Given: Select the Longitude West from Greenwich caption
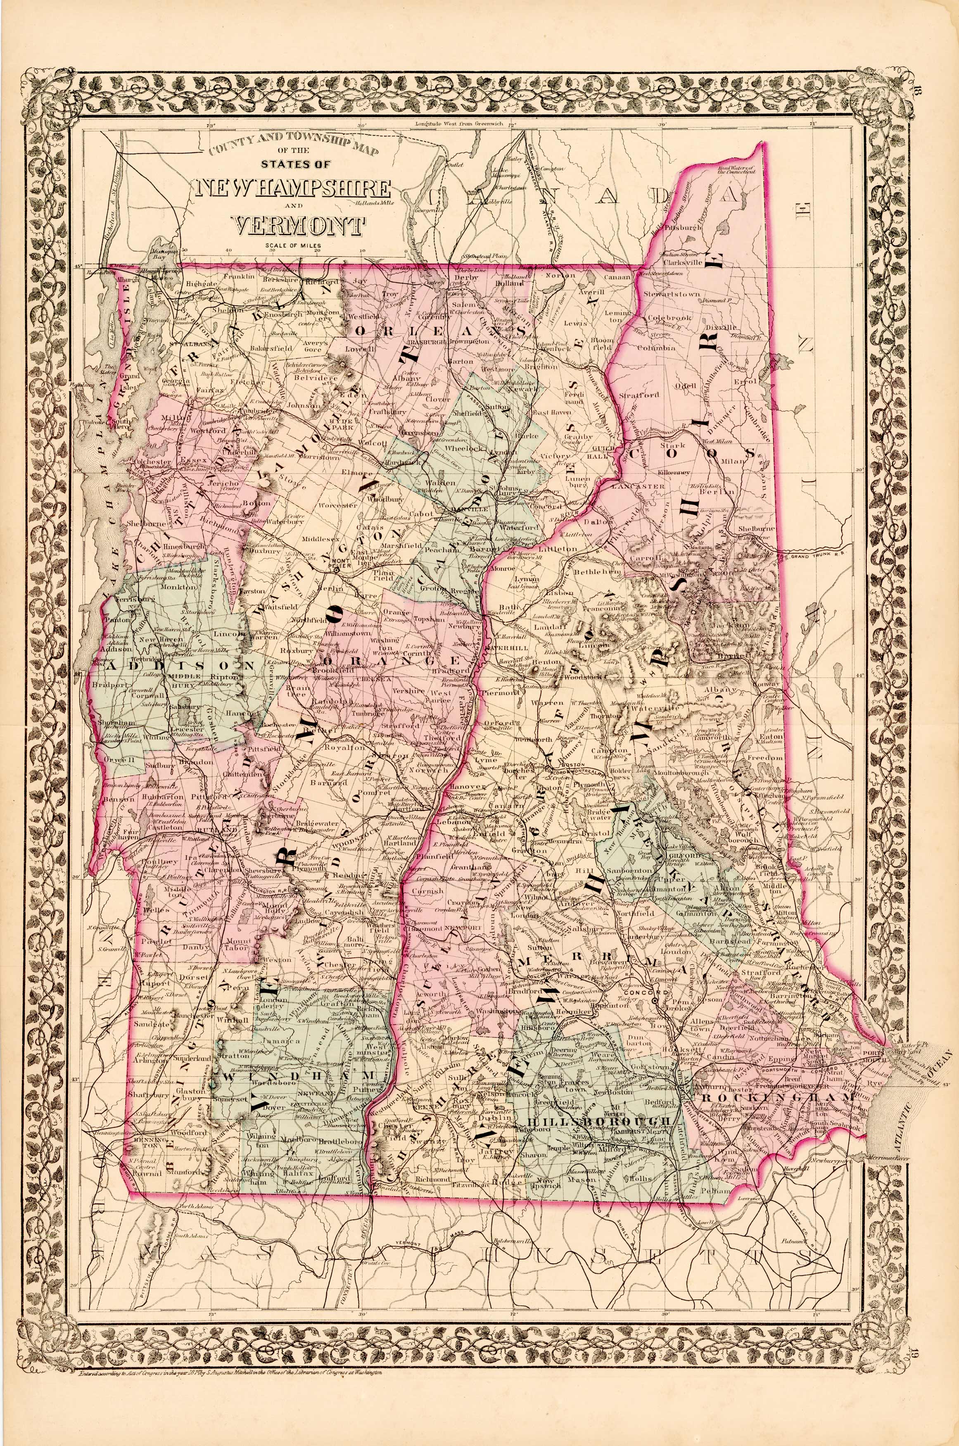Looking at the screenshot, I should tap(449, 124).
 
